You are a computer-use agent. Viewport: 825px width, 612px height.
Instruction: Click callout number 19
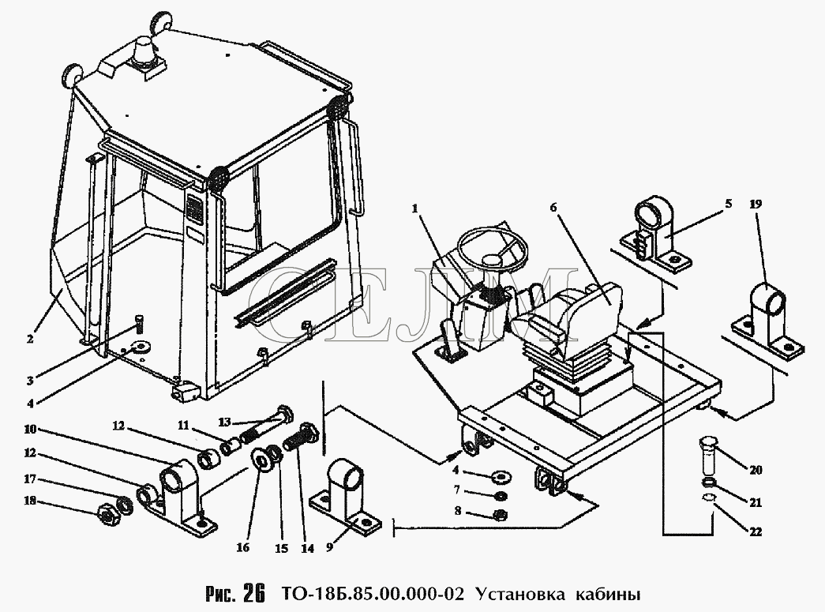[756, 205]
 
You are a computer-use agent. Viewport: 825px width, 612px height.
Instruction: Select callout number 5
[728, 204]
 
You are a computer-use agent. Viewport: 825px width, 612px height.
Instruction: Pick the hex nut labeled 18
[110, 513]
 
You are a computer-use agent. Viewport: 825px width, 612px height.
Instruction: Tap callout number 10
[30, 429]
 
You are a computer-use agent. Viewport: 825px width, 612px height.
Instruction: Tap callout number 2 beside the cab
[30, 339]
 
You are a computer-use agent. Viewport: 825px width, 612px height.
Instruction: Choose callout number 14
[307, 548]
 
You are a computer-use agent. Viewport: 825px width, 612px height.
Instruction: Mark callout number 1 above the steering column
[415, 209]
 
